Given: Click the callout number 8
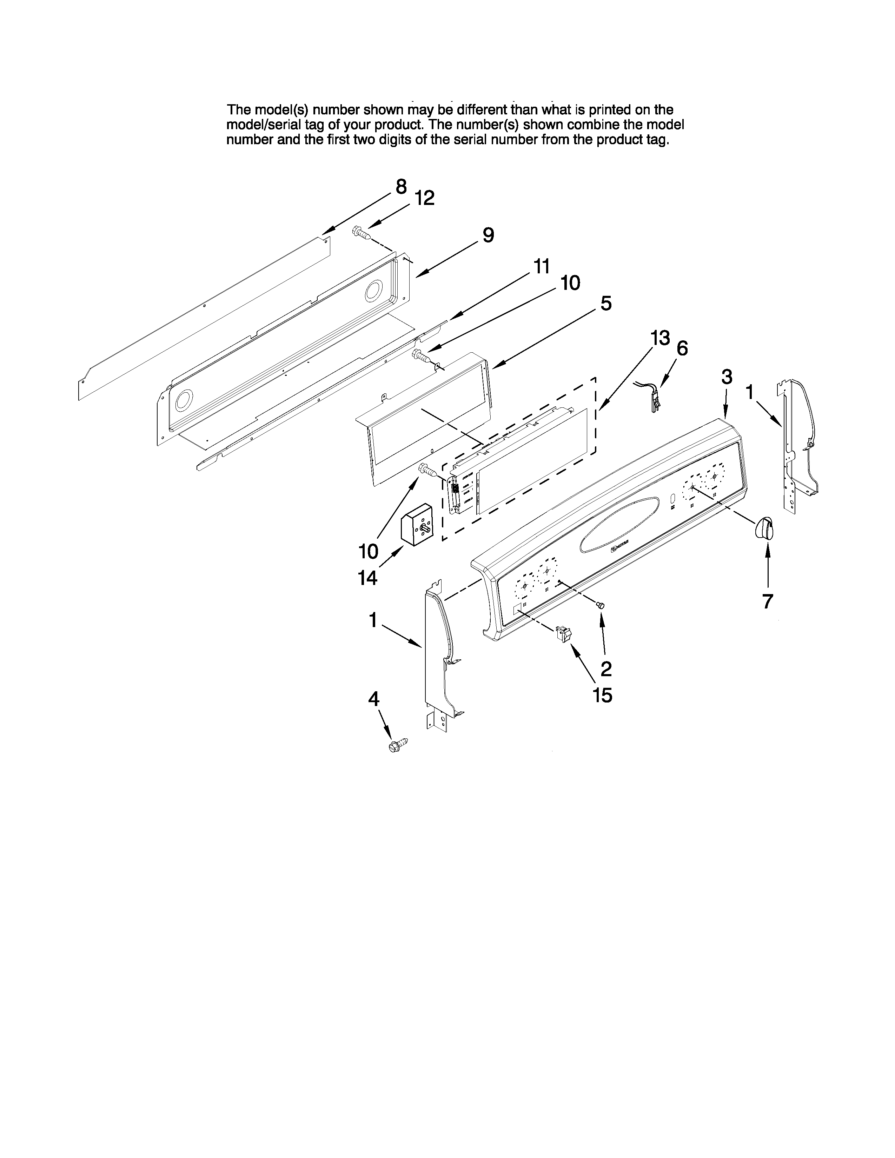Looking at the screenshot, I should (402, 187).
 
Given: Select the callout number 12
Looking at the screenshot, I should (424, 198).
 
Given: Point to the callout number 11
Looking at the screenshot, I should (541, 266).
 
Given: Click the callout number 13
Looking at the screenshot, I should (660, 338).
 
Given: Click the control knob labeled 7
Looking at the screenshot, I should (764, 528).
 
